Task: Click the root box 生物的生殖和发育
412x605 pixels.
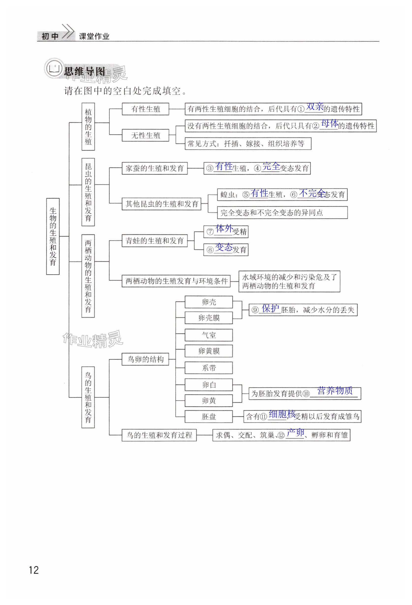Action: [x=53, y=236]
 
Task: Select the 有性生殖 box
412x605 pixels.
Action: [x=145, y=109]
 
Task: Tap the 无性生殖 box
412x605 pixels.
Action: [x=145, y=135]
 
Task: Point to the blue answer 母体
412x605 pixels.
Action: [x=330, y=123]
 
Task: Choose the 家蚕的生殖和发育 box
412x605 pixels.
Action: [x=154, y=168]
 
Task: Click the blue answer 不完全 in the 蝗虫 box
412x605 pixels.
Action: [x=312, y=193]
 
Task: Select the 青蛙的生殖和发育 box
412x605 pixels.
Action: [x=154, y=241]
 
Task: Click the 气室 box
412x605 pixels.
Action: [x=209, y=335]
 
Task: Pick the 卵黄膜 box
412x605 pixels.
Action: [x=209, y=351]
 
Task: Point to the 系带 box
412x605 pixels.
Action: [x=209, y=368]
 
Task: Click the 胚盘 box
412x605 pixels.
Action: [x=209, y=417]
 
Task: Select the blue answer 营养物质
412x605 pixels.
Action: [x=335, y=391]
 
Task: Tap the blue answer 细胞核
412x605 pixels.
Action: [x=282, y=414]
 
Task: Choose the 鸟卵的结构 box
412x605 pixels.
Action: [x=145, y=359]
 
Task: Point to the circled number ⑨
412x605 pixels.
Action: [x=255, y=310]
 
